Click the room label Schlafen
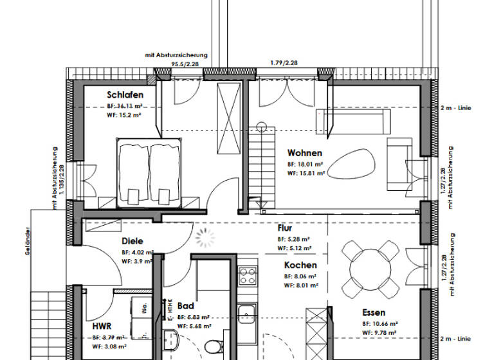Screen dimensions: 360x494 point(125,94)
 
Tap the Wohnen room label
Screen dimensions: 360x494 point(304,153)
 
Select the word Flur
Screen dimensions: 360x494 point(285,228)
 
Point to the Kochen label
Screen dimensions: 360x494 point(300,265)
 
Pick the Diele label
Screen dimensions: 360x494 point(132,241)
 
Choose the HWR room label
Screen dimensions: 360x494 point(103,326)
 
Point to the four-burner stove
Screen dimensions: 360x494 point(248,276)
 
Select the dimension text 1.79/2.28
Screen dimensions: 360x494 point(284,63)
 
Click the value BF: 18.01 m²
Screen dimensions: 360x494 point(305,164)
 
